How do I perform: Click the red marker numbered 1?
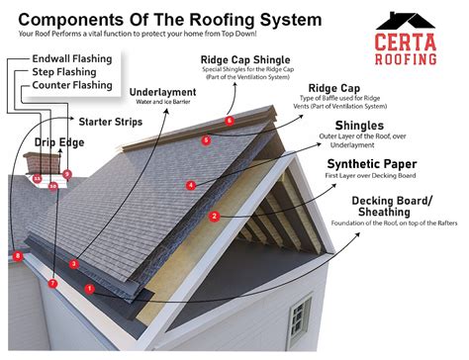90,289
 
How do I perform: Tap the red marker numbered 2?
214,216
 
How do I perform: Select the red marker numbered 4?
191,185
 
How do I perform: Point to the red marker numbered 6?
230,121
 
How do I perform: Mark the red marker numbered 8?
17,256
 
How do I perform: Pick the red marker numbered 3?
73,263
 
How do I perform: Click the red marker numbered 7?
52,284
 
